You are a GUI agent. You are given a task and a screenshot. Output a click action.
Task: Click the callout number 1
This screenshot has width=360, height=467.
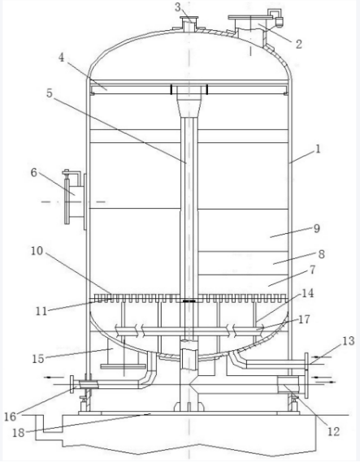click(318, 149)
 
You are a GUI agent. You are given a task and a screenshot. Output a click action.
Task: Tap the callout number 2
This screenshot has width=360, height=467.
click(298, 44)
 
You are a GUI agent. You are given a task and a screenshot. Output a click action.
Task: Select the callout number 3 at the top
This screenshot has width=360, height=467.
click(178, 6)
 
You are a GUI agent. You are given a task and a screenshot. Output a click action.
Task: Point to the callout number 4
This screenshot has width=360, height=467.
click(61, 58)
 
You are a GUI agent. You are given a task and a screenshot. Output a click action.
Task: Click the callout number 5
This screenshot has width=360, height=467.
click(50, 93)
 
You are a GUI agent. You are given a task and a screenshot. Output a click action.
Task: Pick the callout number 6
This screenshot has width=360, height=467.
click(34, 172)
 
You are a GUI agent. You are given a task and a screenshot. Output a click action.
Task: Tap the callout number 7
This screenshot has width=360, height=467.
click(312, 270)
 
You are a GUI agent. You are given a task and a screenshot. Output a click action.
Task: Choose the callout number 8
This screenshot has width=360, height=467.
click(321, 254)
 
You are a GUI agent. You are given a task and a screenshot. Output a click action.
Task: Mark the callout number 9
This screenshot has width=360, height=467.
click(317, 228)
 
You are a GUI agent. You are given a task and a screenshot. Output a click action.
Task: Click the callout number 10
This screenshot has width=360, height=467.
click(37, 251)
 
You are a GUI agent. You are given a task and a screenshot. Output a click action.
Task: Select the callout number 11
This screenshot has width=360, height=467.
click(41, 311)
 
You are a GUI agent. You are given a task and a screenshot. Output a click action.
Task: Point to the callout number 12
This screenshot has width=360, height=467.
click(333, 431)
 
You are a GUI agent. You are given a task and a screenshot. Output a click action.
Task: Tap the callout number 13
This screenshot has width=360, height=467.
click(349, 341)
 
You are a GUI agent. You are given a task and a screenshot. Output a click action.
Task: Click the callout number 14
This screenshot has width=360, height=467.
click(307, 293)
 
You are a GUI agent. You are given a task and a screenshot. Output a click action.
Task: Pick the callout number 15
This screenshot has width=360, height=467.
click(38, 359)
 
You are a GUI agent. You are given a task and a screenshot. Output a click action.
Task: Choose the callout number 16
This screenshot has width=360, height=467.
click(10, 417)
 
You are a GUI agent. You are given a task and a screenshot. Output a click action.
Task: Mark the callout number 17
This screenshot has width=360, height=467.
click(304, 319)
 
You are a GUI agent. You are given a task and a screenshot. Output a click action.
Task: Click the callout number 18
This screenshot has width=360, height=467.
click(18, 432)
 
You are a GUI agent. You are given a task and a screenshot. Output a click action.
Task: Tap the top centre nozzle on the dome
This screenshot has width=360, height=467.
click(189, 24)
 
